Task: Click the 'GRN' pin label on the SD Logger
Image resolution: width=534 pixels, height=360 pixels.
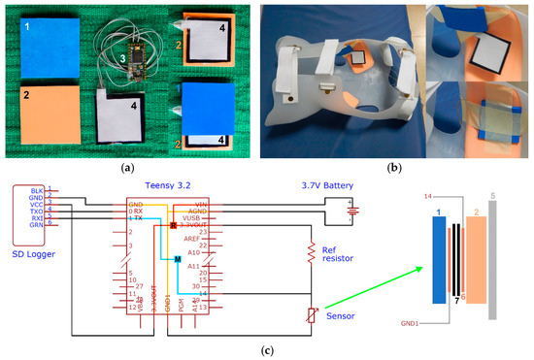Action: (x=36, y=224)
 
